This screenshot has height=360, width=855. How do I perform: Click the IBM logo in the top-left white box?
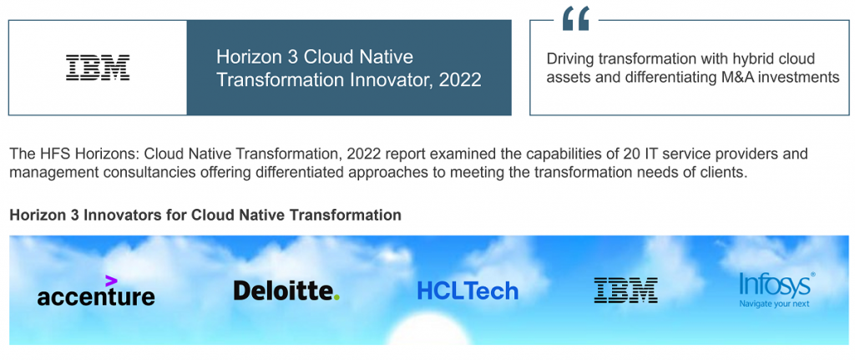[98, 68]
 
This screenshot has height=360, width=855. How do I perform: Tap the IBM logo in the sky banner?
[625, 290]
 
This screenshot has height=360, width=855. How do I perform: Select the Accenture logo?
[96, 295]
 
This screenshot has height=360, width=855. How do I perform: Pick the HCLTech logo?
[468, 291]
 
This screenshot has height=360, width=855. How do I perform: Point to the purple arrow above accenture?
[111, 281]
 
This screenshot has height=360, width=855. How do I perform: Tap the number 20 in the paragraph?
[559, 155]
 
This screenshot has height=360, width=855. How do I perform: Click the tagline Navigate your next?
[774, 303]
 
